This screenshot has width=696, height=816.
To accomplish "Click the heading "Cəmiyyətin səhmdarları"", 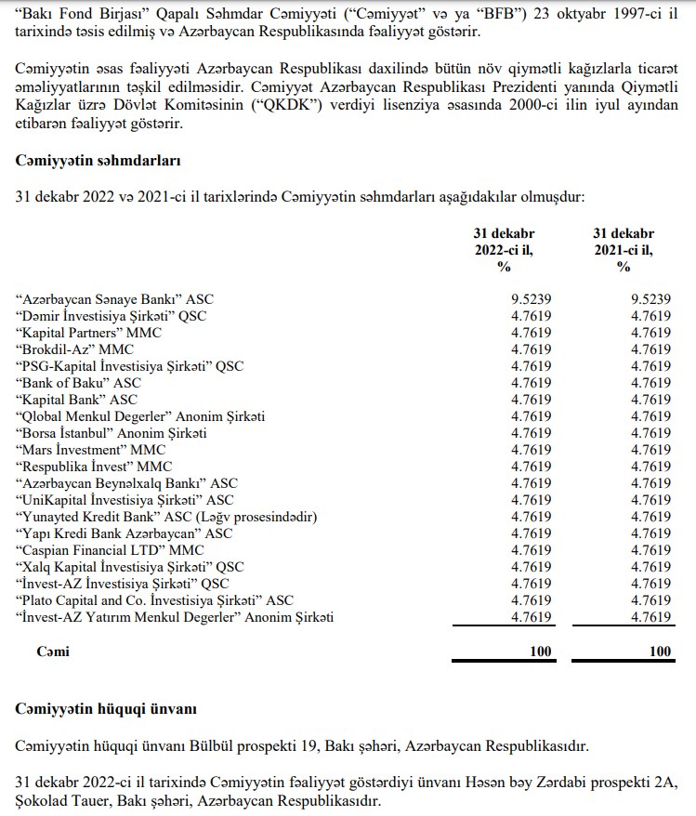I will point(98,160).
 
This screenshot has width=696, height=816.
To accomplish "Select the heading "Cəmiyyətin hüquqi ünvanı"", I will point(106,710).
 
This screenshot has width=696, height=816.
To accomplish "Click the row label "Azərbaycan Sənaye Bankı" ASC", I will point(114,299).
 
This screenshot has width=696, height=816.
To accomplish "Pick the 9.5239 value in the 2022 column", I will point(531,299).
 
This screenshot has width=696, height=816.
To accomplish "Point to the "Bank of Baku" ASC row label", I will point(78,383).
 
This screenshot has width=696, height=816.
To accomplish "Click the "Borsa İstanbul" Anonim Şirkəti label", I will point(111,433).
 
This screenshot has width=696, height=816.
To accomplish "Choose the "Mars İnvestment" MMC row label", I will point(90,450).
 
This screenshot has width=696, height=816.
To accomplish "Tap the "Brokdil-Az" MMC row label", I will point(74,349).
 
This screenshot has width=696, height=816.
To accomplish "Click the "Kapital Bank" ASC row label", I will point(77,400).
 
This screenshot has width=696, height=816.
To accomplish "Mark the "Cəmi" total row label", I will point(53,651).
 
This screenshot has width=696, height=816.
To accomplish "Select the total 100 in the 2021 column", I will point(660,651).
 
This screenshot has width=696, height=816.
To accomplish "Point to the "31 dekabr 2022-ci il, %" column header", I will point(504,250).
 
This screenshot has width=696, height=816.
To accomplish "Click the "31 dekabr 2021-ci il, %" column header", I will point(624,250).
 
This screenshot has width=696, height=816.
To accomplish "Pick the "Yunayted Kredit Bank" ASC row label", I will point(166,517).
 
